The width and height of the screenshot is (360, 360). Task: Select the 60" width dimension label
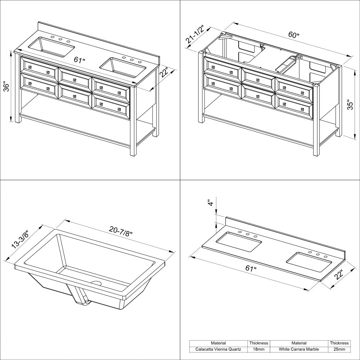(294, 35)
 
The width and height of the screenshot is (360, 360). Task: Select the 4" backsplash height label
(211, 202)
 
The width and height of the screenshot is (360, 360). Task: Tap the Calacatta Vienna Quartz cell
(219, 349)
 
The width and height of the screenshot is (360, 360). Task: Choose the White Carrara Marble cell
(299, 349)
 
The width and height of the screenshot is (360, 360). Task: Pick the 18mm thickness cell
(258, 349)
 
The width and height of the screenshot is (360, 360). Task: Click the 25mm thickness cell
(339, 349)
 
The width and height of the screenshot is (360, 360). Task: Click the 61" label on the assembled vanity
(80, 60)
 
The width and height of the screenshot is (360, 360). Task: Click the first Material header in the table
(219, 343)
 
